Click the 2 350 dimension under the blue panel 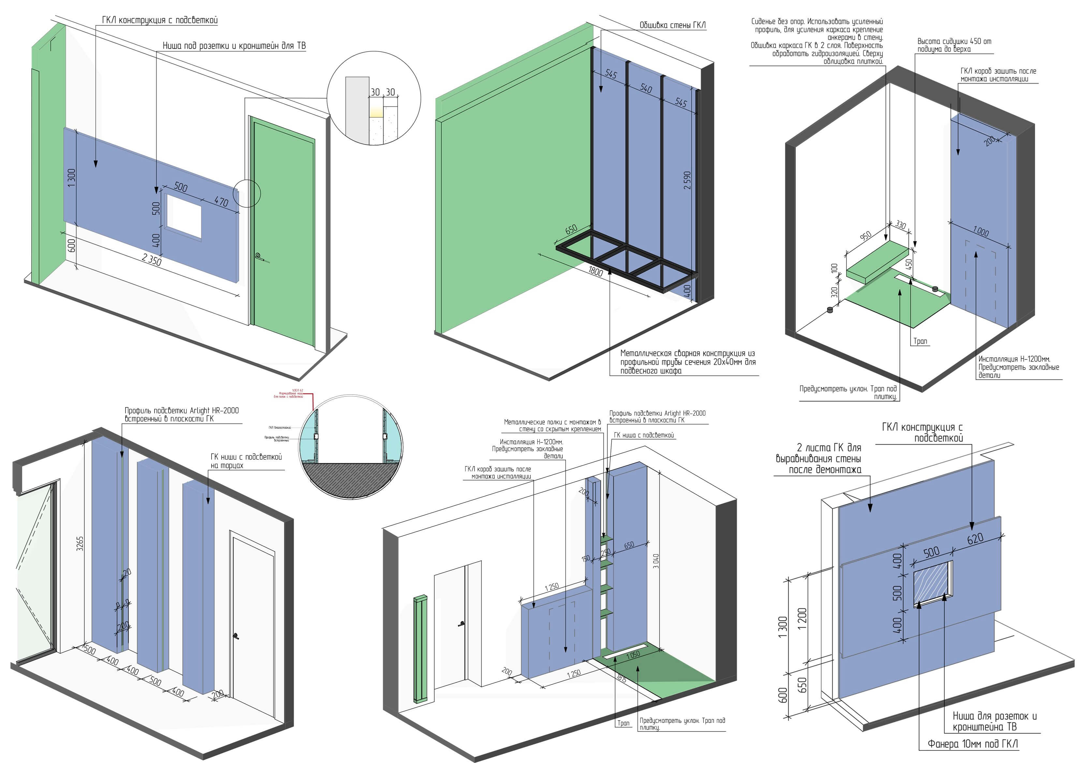click(152, 259)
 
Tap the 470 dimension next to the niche click(221, 202)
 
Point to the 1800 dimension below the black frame click(595, 271)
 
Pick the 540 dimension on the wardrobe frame click(646, 88)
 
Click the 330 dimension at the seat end click(900, 225)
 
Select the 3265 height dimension click(80, 543)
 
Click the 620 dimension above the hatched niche click(975, 539)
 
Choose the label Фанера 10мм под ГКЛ click(973, 744)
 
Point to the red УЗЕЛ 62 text click(298, 390)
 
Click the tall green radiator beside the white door click(420, 649)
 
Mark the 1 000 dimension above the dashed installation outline click(981, 232)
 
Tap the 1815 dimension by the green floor click(622, 679)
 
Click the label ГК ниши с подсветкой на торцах click(246, 461)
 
